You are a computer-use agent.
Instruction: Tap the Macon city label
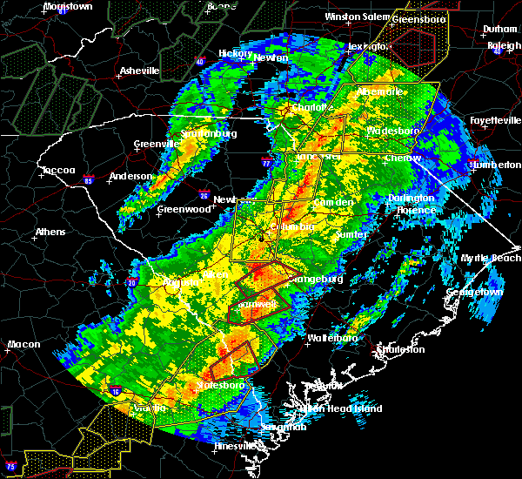click(23, 344)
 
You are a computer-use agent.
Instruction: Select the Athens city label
click(50, 233)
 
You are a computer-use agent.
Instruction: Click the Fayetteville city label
click(493, 120)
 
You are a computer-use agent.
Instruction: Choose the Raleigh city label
click(504, 45)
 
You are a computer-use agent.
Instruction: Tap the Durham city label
click(499, 30)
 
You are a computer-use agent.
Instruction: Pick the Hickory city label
click(235, 53)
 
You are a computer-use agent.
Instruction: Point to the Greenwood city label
click(184, 210)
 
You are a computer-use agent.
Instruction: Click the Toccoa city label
click(58, 170)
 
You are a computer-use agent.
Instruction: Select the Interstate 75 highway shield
click(10, 462)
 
